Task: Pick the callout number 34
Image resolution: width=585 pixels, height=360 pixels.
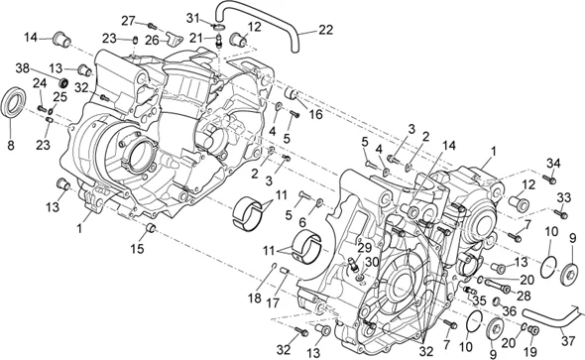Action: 554,164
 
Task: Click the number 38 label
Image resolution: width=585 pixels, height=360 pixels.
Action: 21,66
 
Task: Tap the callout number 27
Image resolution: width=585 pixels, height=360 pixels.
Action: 129,20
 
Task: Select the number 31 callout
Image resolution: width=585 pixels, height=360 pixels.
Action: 193,17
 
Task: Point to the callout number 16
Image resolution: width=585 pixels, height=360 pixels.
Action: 316,115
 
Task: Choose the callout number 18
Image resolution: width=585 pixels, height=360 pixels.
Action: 253,298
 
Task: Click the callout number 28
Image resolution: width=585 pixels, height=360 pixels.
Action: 525,296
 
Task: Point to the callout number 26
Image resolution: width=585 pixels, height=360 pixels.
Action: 152,40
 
